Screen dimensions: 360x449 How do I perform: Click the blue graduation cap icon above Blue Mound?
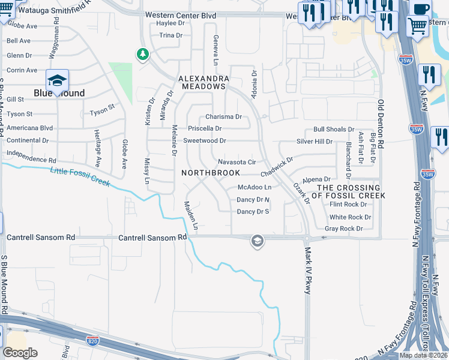tap(58, 80)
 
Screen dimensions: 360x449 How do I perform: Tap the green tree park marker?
tap(143, 55)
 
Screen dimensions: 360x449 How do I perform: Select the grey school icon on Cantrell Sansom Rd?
tap(257, 241)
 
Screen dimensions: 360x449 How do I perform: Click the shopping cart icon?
tap(417, 25)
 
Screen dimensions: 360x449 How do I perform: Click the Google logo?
tap(19, 353)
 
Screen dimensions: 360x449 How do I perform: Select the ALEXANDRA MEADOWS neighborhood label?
tap(203, 83)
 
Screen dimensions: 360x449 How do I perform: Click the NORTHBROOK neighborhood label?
tap(210, 173)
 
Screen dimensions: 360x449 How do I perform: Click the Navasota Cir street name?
tap(237, 162)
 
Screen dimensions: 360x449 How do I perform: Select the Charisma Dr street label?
tap(223, 117)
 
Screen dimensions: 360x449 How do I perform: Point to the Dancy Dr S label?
tap(253, 211)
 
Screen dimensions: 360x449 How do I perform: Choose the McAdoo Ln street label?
tap(255, 187)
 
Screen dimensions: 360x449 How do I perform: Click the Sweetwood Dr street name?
tap(204, 140)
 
